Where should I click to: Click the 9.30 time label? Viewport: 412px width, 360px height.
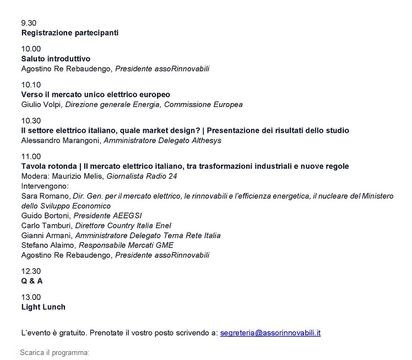[29, 23]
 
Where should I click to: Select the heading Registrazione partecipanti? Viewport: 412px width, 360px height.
[70, 33]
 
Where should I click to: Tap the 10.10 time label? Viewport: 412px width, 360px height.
[31, 85]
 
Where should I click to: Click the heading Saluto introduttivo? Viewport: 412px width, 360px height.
[56, 58]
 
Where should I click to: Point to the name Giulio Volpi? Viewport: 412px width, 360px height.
[41, 104]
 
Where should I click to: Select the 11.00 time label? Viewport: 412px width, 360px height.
[31, 157]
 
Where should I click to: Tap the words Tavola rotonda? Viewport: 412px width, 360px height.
[48, 166]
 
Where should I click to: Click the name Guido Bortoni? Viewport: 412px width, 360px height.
[46, 216]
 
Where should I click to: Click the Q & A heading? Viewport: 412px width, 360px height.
[32, 281]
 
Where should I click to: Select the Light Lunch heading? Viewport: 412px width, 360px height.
[43, 307]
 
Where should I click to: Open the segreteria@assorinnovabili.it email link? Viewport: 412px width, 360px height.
[270, 333]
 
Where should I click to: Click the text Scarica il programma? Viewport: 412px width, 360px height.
[54, 352]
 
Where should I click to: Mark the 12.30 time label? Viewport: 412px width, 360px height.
[31, 271]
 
